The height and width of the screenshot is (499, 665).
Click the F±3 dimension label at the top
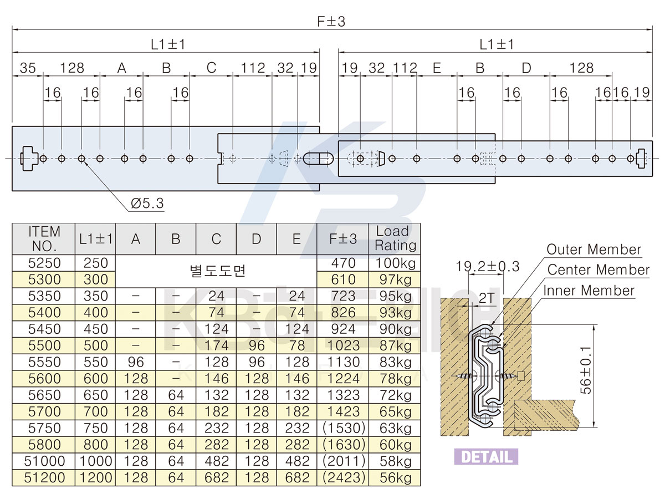pos(331,22)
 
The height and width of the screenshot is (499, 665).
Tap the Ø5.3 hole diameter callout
pos(147,203)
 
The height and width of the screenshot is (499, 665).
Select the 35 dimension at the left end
pos(28,68)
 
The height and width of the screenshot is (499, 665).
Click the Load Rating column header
pos(395,238)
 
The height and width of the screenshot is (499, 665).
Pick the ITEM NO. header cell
pos(44,239)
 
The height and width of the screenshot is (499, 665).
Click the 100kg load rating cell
pos(395,263)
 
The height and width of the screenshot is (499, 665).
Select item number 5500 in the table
pos(44,345)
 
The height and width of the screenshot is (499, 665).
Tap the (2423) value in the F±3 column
pos(343,477)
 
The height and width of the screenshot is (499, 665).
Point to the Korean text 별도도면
pos(217,271)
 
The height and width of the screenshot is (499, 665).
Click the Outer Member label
pos(594,249)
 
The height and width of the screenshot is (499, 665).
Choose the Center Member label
pos(598,269)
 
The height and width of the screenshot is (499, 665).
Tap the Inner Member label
pos(589,290)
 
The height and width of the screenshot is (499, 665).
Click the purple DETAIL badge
pos(486,456)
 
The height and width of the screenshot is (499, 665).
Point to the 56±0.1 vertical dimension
pos(586,370)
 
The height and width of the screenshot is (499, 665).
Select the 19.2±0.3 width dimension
pos(487,266)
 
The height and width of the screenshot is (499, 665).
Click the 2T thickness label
pos(487,298)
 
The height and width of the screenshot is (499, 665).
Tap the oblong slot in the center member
pos(318,159)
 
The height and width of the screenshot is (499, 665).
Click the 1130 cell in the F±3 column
pos(343,362)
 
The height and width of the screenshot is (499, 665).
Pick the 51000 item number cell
pos(44,461)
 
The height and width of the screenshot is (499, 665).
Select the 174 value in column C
pos(216,345)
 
